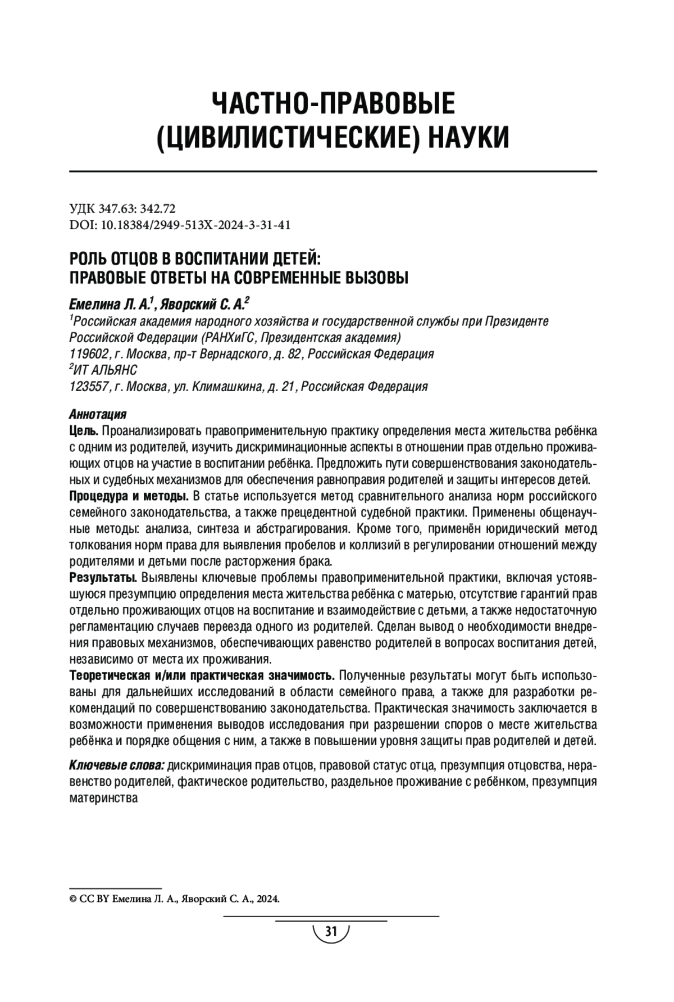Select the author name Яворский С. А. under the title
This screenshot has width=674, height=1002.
tap(202, 305)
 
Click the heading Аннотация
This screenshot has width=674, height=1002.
tap(97, 415)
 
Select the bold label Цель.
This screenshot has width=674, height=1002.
tap(84, 431)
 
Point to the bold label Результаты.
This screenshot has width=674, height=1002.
tap(103, 578)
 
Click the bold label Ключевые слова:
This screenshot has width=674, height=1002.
tap(116, 765)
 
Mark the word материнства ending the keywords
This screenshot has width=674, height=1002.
tap(103, 798)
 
